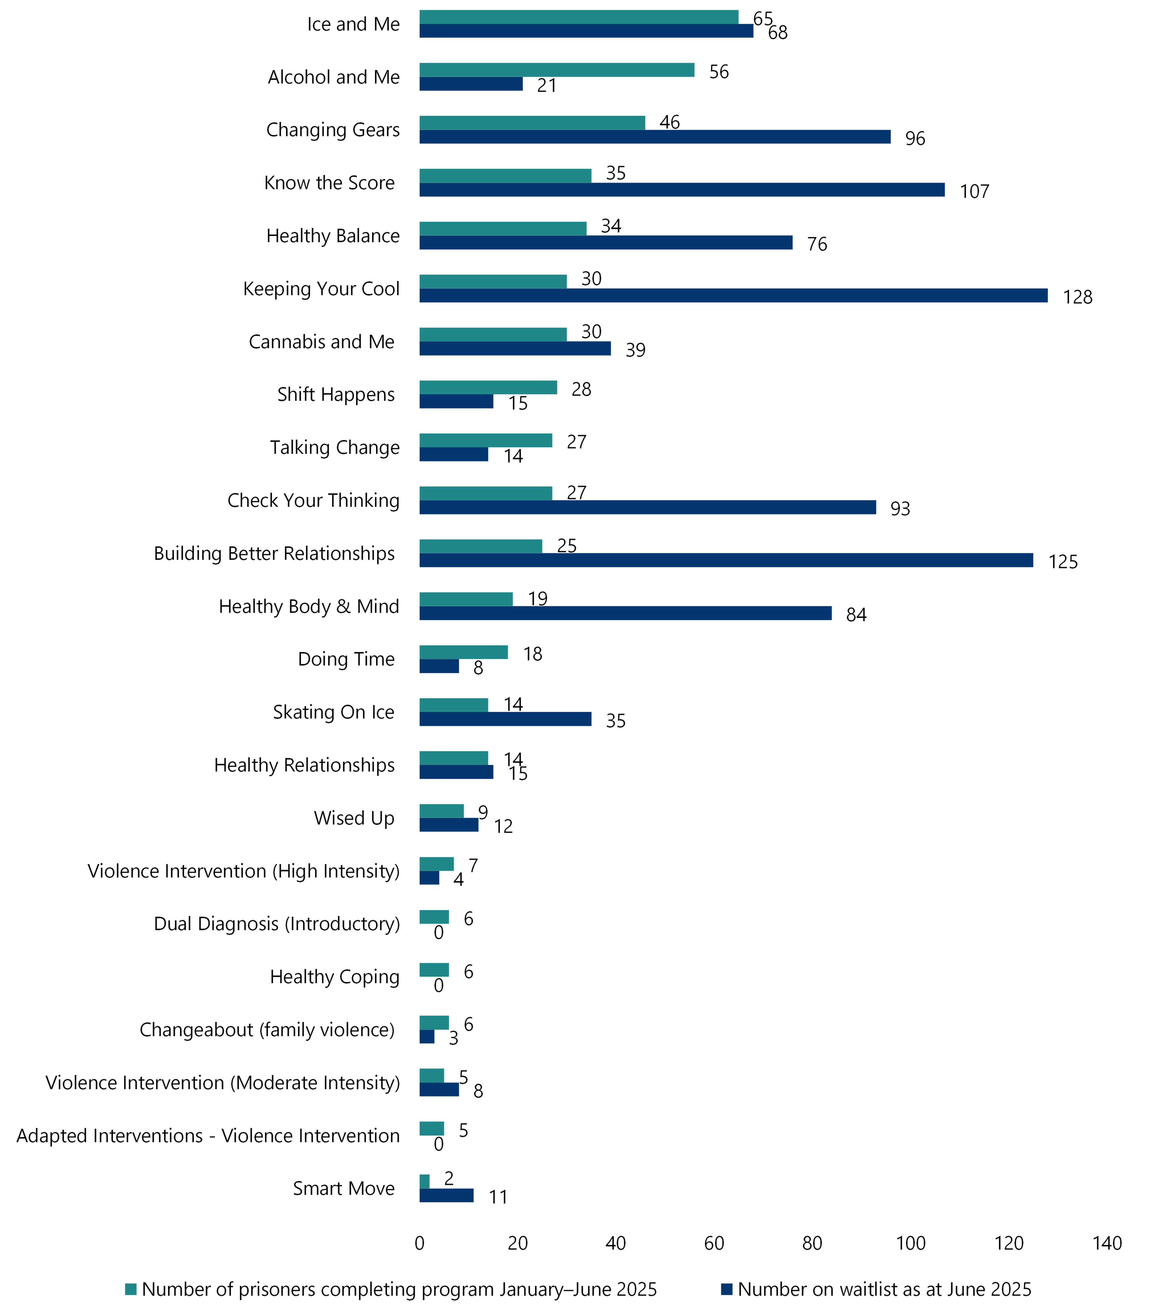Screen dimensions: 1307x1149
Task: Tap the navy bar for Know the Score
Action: tap(682, 190)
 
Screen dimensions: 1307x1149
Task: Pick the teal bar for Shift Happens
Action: tap(488, 388)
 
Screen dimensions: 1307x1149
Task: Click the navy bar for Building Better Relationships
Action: tap(726, 560)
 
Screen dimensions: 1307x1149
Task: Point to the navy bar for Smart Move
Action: tap(446, 1195)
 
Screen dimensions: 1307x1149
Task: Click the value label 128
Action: tap(1077, 297)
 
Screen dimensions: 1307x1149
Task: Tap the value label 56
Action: tap(719, 72)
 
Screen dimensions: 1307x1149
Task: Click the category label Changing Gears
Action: tap(332, 130)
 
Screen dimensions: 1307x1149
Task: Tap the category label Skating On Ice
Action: tap(333, 712)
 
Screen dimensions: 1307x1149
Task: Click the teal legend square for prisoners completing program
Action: tap(131, 1289)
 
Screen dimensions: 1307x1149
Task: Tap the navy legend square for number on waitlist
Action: tap(726, 1289)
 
